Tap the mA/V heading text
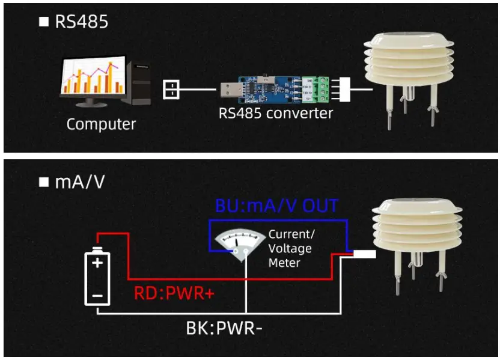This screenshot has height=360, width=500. point(79,182)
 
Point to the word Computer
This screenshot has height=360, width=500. point(101,124)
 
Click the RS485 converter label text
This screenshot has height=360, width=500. point(275,112)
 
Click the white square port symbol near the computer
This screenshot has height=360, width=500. point(171,90)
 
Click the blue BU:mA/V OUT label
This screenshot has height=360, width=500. point(276,206)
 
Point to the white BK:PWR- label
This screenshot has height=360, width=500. point(224,329)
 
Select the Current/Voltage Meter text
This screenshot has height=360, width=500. point(291,248)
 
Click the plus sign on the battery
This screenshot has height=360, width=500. point(98,262)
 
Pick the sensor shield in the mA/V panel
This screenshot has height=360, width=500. point(410,225)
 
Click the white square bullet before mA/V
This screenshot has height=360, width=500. point(43,182)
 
